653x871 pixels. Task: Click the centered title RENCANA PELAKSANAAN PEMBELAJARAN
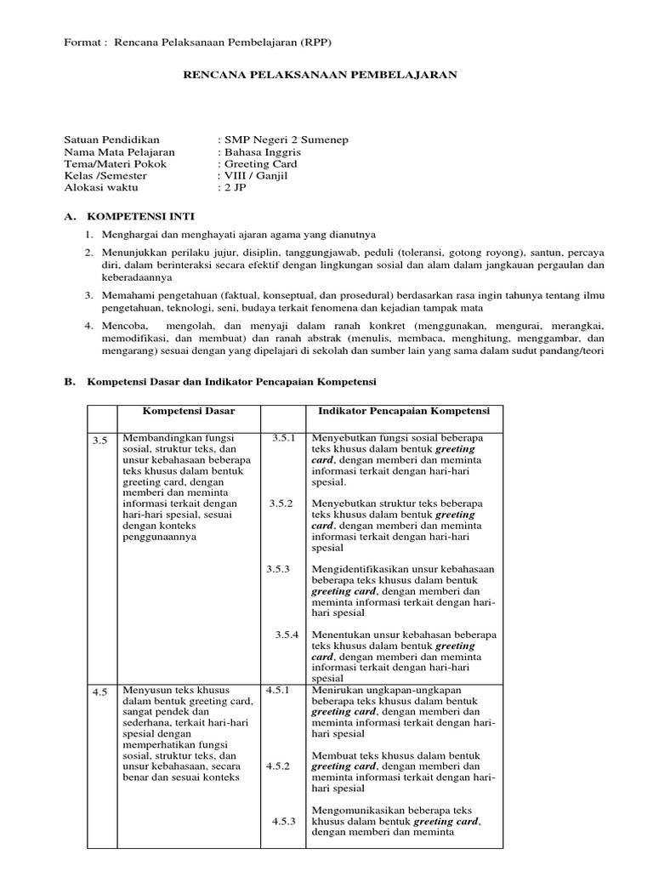click(321, 75)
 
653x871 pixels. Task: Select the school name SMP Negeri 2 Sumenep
click(284, 139)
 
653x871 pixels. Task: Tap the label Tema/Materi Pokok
click(116, 163)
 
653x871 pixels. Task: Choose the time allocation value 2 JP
click(234, 187)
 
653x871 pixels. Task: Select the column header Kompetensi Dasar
click(189, 411)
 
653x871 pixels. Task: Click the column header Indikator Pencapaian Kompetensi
click(404, 411)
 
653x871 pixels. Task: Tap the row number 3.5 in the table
click(100, 440)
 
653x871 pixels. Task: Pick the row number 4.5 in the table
click(100, 692)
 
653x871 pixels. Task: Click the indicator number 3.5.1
click(282, 437)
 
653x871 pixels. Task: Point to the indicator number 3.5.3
click(278, 568)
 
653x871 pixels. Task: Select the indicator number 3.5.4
click(287, 635)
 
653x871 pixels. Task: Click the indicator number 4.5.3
click(282, 822)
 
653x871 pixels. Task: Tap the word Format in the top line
click(82, 43)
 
